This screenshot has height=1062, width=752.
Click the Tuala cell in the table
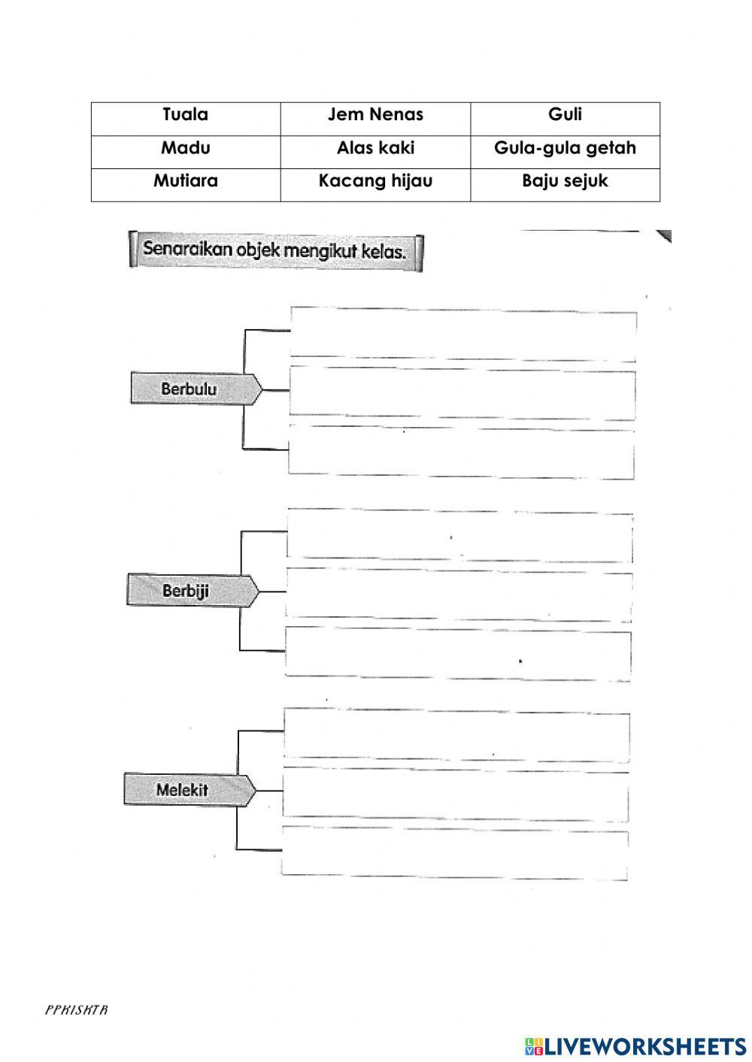[x=186, y=115]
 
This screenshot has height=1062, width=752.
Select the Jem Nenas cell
[x=375, y=115]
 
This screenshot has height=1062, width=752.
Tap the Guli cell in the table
[x=565, y=115]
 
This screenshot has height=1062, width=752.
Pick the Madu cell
[x=186, y=148]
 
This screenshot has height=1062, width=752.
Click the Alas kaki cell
[x=375, y=148]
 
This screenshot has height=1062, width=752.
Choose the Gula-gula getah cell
[x=565, y=148]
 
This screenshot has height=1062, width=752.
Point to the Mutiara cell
[x=186, y=181]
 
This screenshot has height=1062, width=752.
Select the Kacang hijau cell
[x=375, y=181]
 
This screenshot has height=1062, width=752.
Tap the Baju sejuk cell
[x=565, y=181]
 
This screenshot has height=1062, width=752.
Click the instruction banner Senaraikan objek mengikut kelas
[x=275, y=250]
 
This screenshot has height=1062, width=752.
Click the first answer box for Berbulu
[x=462, y=331]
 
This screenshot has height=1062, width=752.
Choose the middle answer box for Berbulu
[x=462, y=391]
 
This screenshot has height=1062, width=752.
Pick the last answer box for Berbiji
[x=458, y=652]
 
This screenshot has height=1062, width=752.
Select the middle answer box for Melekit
[x=456, y=791]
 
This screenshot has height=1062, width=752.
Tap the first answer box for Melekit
[x=456, y=733]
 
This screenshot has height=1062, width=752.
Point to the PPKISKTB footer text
[x=77, y=1010]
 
